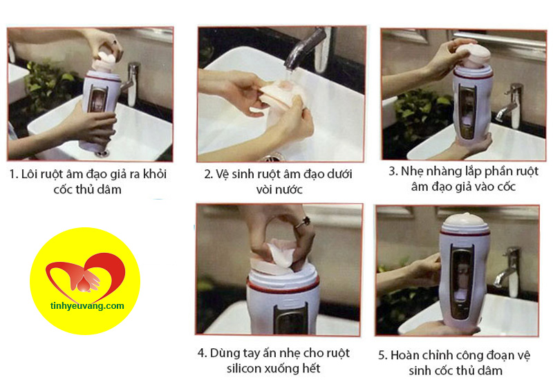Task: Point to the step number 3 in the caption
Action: pos(393,171)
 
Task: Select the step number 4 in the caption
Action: pos(201,353)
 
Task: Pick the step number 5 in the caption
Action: pos(383,355)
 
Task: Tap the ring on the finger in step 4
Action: pos(303,222)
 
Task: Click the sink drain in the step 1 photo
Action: pos(102,151)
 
